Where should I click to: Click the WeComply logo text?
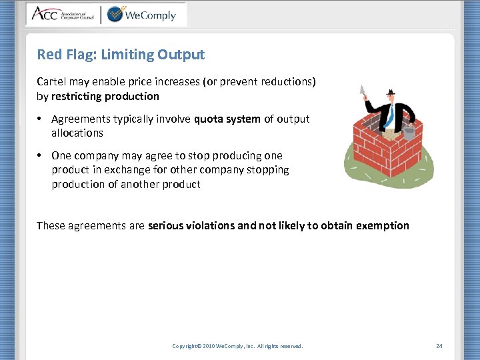pyautogui.click(x=151, y=14)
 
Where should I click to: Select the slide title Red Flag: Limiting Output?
pyautogui.click(x=121, y=55)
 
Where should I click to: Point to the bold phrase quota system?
pyautogui.click(x=227, y=119)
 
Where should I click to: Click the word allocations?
pyautogui.click(x=77, y=133)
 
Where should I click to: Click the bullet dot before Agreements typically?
pyautogui.click(x=41, y=119)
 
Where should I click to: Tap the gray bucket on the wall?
pyautogui.click(x=409, y=133)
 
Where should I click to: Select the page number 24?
pyautogui.click(x=439, y=346)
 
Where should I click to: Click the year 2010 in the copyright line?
pyautogui.click(x=208, y=346)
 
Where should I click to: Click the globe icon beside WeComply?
pyautogui.click(x=115, y=14)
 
